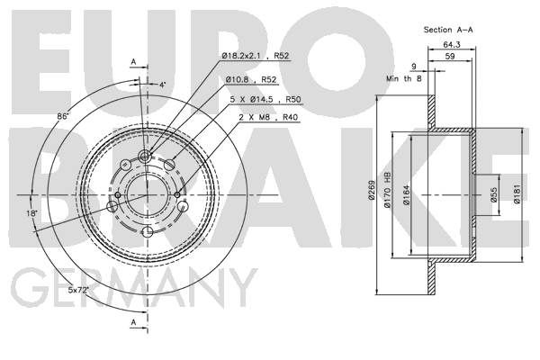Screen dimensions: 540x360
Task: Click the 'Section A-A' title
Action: pos(448,30)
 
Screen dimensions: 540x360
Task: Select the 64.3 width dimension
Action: pos(452,45)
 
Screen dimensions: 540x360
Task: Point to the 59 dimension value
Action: pos(450,56)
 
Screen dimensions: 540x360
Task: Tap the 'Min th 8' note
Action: pos(403,78)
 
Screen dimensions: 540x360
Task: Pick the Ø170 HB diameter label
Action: pos(388,190)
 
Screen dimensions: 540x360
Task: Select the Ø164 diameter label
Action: pos(407,195)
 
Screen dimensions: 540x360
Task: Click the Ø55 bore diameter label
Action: pos(494,195)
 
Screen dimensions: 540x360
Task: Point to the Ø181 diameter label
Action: pos(517,194)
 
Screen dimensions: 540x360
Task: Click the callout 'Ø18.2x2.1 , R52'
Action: pos(256,56)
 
